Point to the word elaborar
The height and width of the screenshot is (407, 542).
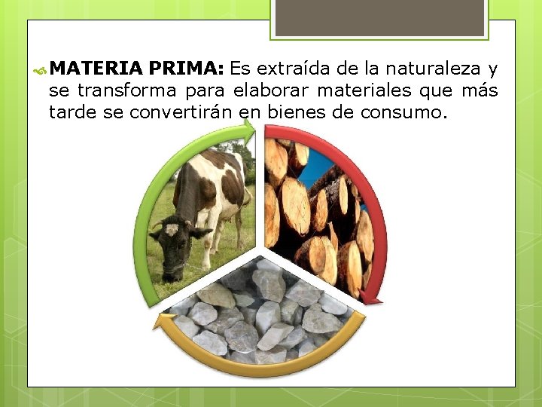(267, 92)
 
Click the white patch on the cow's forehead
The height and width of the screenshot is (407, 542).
(172, 229)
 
